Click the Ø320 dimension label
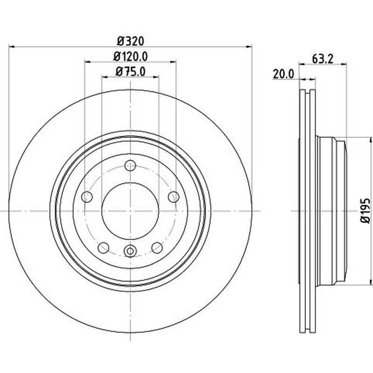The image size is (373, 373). click(x=131, y=41)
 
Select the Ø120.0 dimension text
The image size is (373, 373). click(x=131, y=56)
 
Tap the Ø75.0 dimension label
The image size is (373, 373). click(x=131, y=71)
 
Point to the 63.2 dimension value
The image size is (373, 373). click(x=323, y=59)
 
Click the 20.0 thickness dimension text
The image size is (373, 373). click(x=283, y=74)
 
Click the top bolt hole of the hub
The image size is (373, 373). click(x=131, y=166)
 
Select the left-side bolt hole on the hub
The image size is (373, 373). click(x=87, y=197)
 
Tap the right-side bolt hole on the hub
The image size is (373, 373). click(x=173, y=197)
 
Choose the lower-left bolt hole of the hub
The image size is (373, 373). click(x=104, y=248)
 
